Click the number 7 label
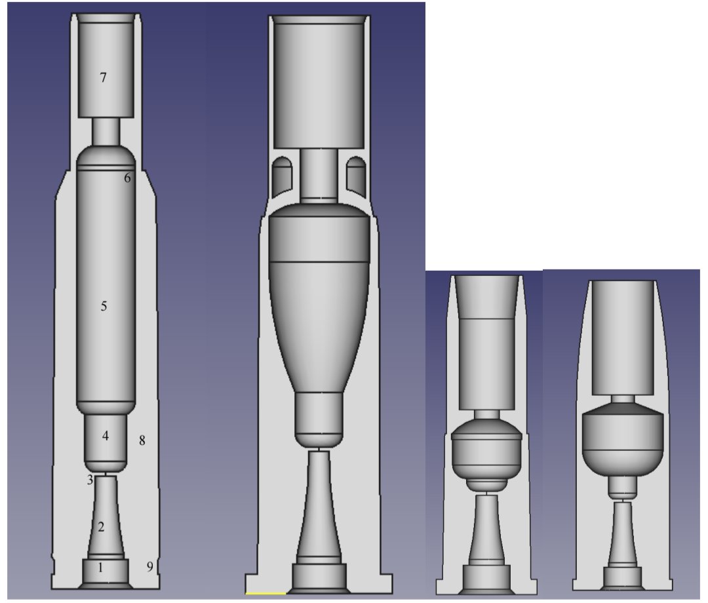pyautogui.click(x=103, y=78)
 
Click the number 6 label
pyautogui.click(x=128, y=178)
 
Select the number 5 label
pyautogui.click(x=104, y=306)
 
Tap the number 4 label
pyautogui.click(x=105, y=436)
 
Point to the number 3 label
pyautogui.click(x=90, y=480)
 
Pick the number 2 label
pyautogui.click(x=101, y=526)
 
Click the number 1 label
pyautogui.click(x=100, y=568)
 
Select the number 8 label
pyautogui.click(x=142, y=440)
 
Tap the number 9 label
pyautogui.click(x=149, y=567)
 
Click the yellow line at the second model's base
pyautogui.click(x=265, y=593)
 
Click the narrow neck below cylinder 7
pyautogui.click(x=106, y=132)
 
